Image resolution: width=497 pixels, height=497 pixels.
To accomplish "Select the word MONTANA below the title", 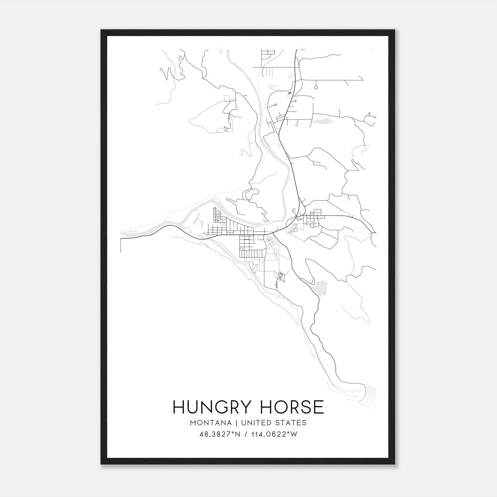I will [211, 423].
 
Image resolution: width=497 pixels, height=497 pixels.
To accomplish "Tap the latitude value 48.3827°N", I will [220, 435].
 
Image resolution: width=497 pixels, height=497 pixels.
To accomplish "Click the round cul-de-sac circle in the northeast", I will [316, 88].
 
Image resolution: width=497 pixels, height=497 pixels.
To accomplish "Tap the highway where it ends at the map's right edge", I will [375, 232].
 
